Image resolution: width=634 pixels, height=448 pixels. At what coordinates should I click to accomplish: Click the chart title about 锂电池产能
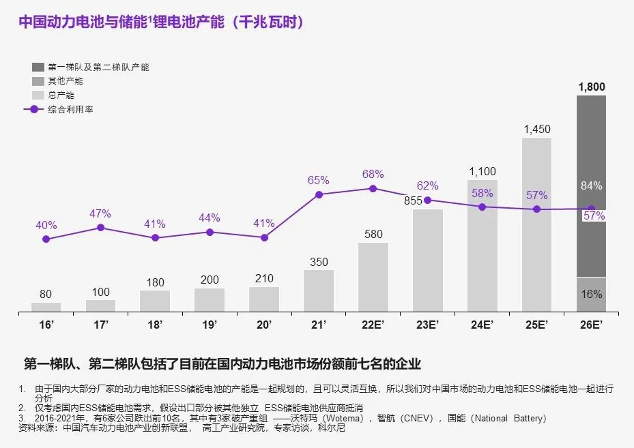click(161, 22)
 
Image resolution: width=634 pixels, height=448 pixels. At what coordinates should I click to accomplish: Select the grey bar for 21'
click(319, 291)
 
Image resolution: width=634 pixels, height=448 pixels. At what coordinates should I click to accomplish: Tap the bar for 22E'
click(373, 278)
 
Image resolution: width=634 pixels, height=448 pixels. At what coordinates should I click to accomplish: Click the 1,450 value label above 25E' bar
click(537, 129)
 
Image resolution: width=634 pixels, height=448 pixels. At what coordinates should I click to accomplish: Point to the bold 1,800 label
click(591, 87)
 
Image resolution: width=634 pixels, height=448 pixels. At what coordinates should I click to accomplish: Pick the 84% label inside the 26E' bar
click(591, 185)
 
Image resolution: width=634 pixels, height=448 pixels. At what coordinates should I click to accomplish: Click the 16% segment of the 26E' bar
click(591, 295)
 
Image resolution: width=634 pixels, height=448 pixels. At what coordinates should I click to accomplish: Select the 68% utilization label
click(373, 174)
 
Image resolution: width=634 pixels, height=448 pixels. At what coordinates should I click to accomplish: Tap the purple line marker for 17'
click(101, 227)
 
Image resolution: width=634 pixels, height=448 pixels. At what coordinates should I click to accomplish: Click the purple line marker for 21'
click(319, 194)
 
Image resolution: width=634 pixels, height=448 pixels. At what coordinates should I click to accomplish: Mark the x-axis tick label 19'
click(210, 325)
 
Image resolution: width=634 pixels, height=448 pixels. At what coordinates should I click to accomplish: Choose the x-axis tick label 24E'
click(482, 325)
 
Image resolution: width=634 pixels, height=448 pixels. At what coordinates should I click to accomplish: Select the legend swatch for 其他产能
click(38, 81)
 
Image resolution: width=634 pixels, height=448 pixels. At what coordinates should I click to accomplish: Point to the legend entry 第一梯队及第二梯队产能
click(98, 68)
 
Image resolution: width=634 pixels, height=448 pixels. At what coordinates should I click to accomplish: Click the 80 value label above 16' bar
click(46, 295)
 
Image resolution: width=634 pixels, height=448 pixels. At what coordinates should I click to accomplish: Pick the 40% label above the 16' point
click(46, 225)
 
